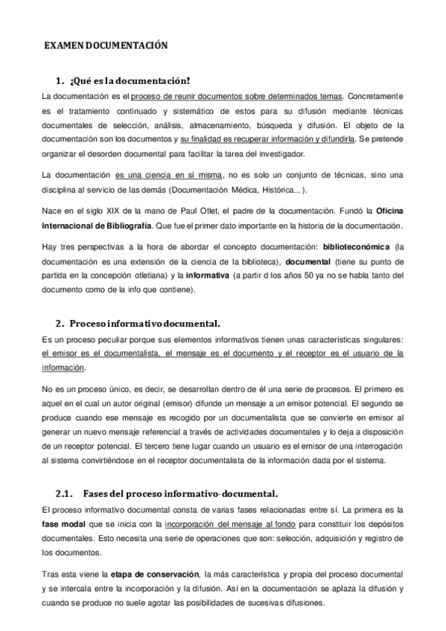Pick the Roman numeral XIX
(x=107, y=205)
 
